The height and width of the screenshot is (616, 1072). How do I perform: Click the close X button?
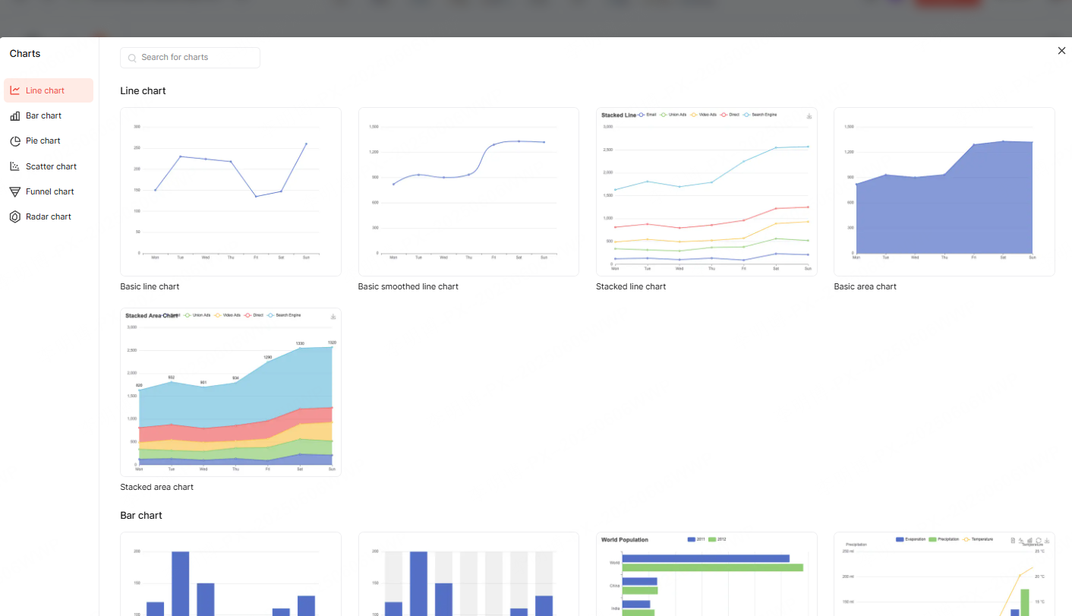point(1061,51)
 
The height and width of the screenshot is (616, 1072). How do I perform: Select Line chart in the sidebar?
point(45,90)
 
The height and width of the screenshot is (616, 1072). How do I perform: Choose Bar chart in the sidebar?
point(43,115)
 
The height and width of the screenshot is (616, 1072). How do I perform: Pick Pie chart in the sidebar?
point(43,141)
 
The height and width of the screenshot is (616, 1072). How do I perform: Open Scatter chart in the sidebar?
point(51,166)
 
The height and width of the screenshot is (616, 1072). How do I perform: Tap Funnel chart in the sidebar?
point(49,191)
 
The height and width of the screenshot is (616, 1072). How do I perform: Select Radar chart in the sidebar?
point(48,216)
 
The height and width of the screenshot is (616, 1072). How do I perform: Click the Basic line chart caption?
point(150,286)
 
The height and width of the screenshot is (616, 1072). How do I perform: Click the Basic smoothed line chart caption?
point(408,286)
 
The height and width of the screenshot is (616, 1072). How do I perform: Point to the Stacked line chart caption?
point(630,286)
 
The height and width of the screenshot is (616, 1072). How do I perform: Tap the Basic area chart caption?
point(865,286)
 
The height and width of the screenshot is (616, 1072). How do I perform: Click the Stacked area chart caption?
point(156,487)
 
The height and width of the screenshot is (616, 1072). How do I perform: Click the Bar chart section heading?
point(141,515)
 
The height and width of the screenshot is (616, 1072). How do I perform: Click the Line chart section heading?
point(143,90)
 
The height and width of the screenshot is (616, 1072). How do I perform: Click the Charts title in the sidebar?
point(25,54)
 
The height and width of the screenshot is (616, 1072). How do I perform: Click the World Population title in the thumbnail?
point(624,540)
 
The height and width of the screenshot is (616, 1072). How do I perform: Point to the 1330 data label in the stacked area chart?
point(300,343)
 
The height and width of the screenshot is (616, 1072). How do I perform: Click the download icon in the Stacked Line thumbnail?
point(809,115)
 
